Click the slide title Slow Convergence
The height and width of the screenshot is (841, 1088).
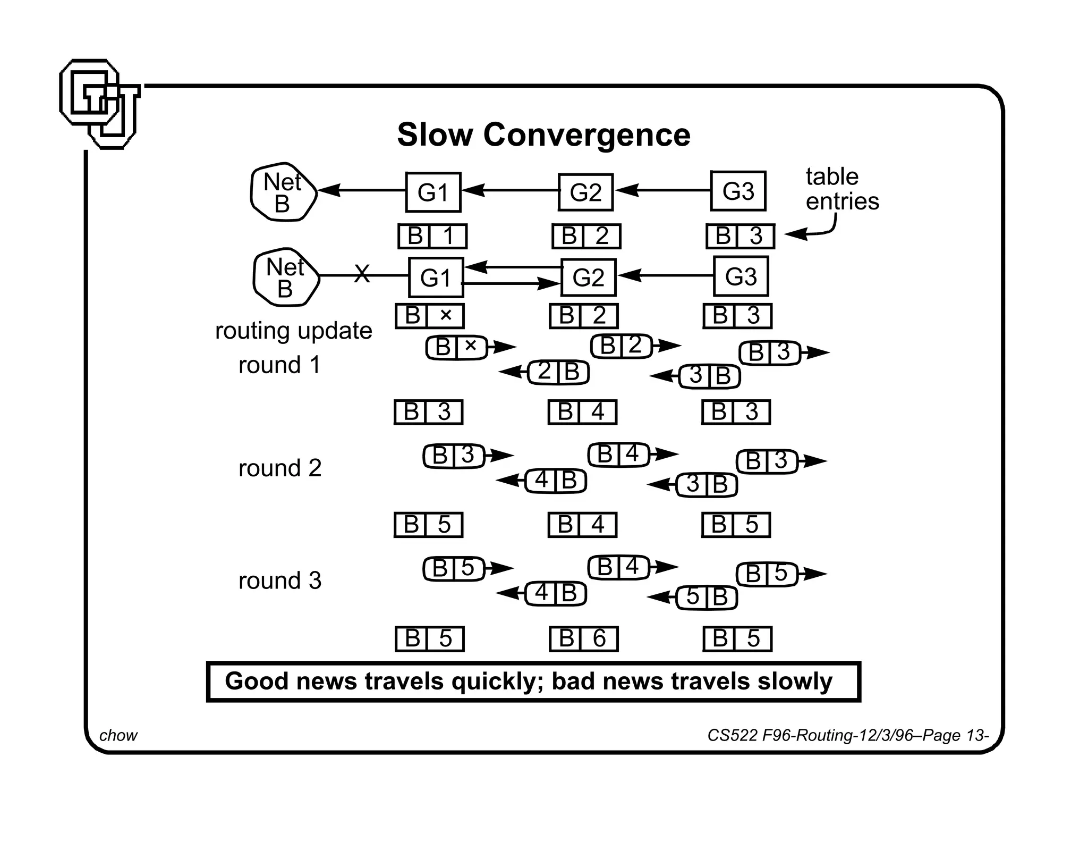point(543,134)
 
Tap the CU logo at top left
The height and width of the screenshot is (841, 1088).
point(99,104)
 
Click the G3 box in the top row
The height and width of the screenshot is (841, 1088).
point(738,191)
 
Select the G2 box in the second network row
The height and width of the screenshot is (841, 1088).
point(588,277)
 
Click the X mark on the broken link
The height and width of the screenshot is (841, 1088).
point(362,274)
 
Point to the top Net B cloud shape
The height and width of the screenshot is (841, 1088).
point(283,192)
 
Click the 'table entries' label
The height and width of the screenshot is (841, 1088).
point(841,189)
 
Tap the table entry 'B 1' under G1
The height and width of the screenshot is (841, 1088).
point(432,236)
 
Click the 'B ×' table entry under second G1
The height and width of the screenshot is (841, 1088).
point(429,316)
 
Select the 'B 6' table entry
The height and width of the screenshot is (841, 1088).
point(583,638)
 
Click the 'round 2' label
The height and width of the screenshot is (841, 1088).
point(280,468)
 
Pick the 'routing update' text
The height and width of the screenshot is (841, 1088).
point(293,331)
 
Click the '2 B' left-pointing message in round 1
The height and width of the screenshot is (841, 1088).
point(558,372)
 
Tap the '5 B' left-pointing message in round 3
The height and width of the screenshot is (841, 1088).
point(707,597)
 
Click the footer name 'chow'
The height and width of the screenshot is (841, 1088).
point(118,735)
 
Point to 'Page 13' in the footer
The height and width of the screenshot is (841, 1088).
point(955,735)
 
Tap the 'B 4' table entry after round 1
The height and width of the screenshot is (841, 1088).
point(582,412)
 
